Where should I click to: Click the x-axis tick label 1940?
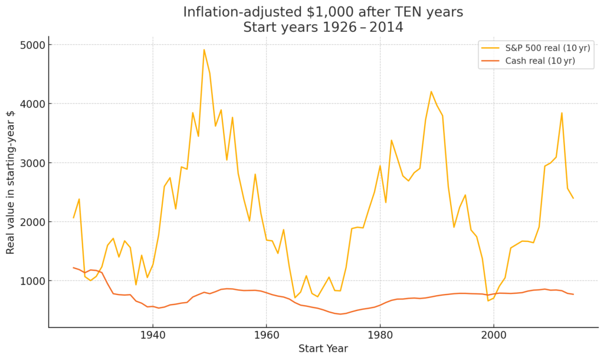pyautogui.click(x=153, y=336)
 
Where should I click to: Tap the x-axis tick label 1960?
pyautogui.click(x=266, y=336)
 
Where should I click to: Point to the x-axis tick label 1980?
pyautogui.click(x=379, y=336)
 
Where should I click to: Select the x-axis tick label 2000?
pyautogui.click(x=493, y=336)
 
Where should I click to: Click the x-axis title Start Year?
pyautogui.click(x=323, y=348)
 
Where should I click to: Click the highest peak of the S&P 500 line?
pyautogui.click(x=204, y=50)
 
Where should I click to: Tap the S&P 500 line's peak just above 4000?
pyautogui.click(x=431, y=91)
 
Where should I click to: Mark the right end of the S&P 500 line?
pyautogui.click(x=573, y=198)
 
